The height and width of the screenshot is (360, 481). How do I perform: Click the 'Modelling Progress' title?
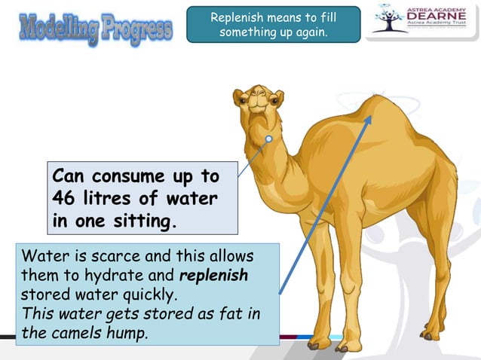pyautogui.click(x=95, y=29)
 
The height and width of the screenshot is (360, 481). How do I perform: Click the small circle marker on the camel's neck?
pyautogui.click(x=269, y=140)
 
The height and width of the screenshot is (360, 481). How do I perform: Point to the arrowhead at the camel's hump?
pyautogui.click(x=370, y=114)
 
